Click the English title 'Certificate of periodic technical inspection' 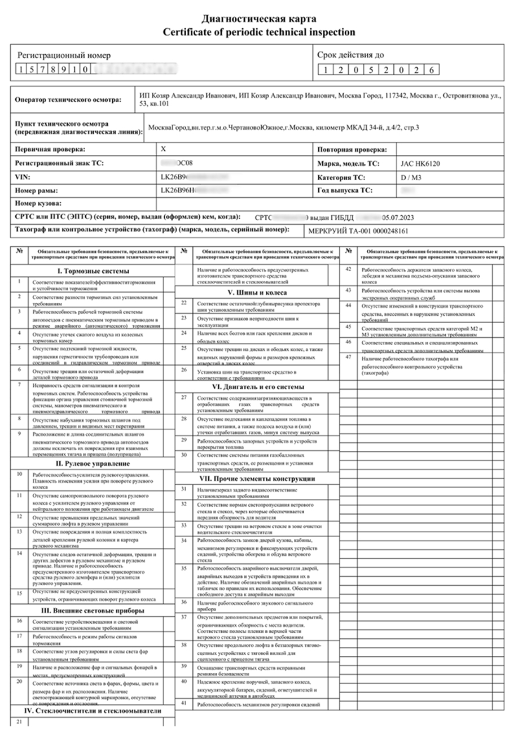[x=259, y=32]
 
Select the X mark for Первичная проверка [x=164, y=149]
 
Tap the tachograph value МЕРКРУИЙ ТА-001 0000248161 [x=358, y=231]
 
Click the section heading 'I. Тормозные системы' [x=93, y=271]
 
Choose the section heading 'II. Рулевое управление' [x=93, y=464]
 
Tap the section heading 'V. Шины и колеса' [x=257, y=293]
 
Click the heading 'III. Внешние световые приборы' [x=93, y=610]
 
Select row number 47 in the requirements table [x=349, y=358]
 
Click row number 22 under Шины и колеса [x=183, y=303]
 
